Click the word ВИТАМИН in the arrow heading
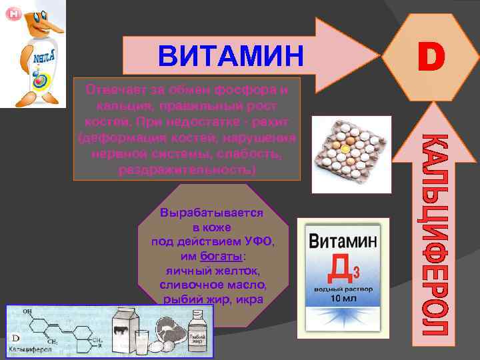230,55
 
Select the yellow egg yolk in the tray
345,150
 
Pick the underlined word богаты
221,257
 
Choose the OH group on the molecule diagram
27,311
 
